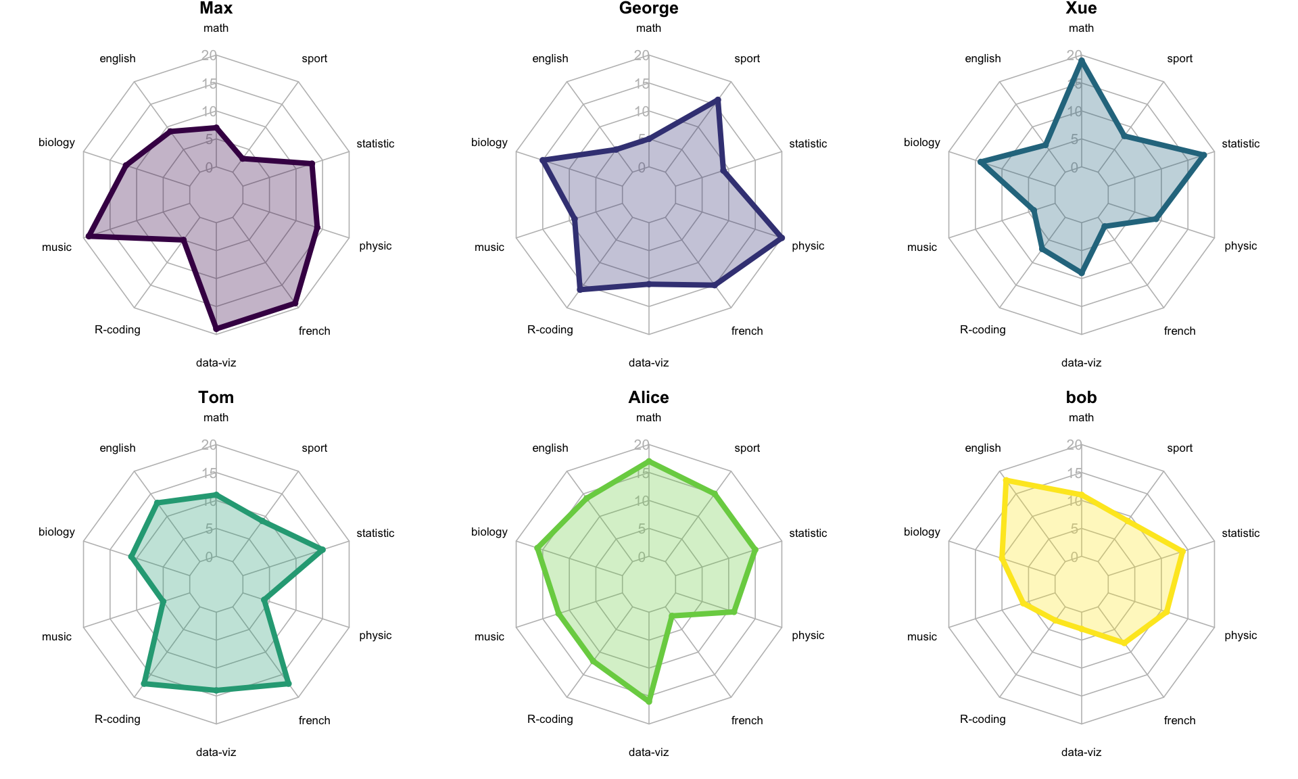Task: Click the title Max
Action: point(216,8)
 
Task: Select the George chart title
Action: point(648,8)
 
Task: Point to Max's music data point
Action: point(89,236)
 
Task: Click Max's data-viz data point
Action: point(216,329)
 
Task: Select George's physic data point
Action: point(781,237)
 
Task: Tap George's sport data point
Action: point(717,100)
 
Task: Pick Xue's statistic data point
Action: point(1203,156)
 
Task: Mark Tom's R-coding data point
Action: point(143,684)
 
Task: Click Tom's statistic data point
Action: point(322,550)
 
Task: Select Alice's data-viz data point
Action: point(648,701)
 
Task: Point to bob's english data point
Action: point(1005,481)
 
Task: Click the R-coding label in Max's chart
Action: point(118,330)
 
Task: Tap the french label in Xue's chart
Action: point(1179,331)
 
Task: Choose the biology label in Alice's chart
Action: point(489,532)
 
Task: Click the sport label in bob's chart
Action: point(1179,448)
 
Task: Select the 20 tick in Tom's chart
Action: point(209,445)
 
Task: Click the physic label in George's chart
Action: point(808,245)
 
